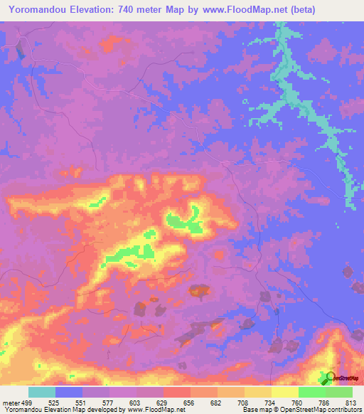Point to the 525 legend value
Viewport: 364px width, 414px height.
[x=55, y=403]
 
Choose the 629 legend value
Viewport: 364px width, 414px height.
[x=164, y=403]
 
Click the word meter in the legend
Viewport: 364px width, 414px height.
[x=10, y=403]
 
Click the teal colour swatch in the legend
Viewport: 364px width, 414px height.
[x=41, y=392]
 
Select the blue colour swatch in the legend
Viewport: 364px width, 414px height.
[x=69, y=392]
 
